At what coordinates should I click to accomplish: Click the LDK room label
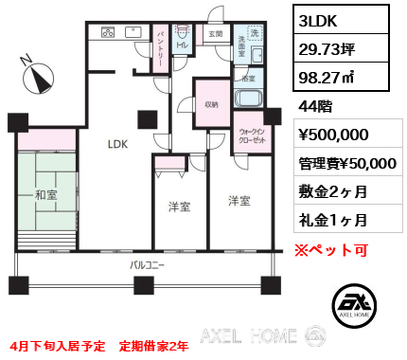click(x=117, y=145)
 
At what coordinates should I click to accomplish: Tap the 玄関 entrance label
click(x=215, y=34)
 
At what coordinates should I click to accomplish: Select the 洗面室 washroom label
click(x=242, y=44)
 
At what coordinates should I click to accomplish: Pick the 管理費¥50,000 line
click(x=346, y=163)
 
